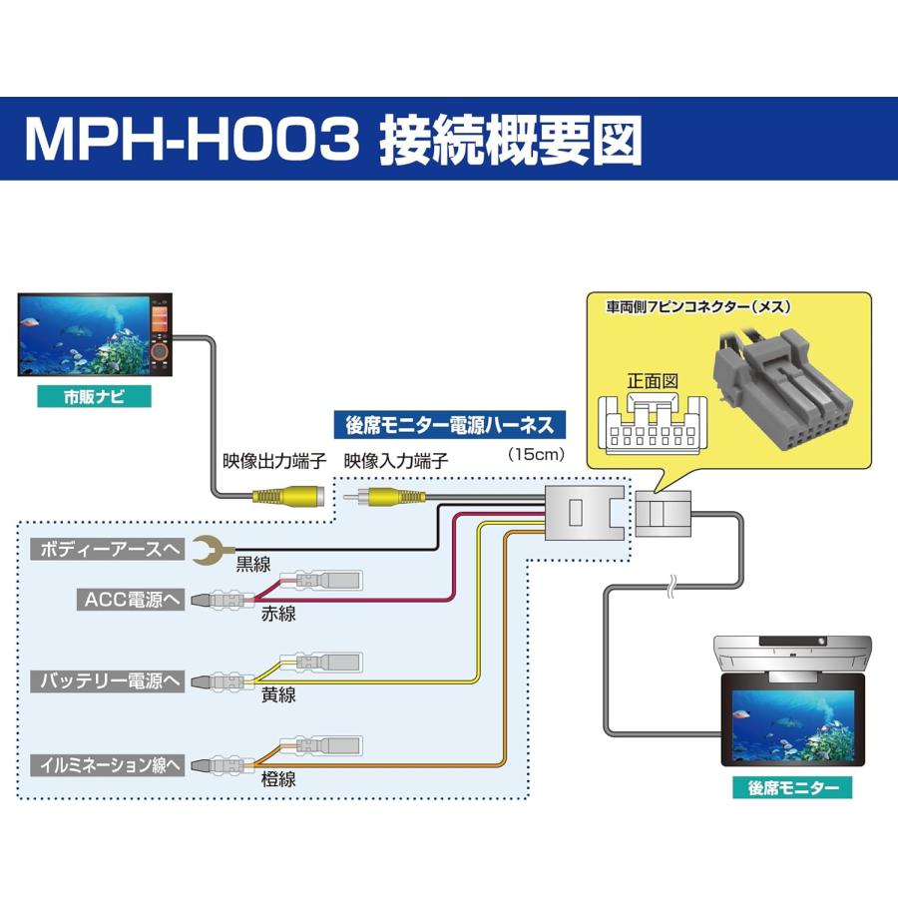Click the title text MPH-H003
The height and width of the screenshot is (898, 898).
point(190,140)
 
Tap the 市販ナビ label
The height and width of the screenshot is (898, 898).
point(94,396)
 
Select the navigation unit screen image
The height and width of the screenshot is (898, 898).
point(83,334)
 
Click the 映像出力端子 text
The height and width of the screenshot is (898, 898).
point(273,462)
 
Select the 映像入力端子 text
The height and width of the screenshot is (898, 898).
point(395,462)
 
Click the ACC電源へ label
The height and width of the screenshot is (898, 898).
point(130,599)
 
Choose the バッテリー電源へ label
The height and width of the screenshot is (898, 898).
point(110,681)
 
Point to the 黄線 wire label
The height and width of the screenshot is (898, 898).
point(278,696)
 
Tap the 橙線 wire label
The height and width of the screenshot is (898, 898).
point(278,780)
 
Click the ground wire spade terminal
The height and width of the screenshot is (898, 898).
point(208,549)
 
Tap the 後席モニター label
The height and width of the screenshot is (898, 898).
point(793,787)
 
